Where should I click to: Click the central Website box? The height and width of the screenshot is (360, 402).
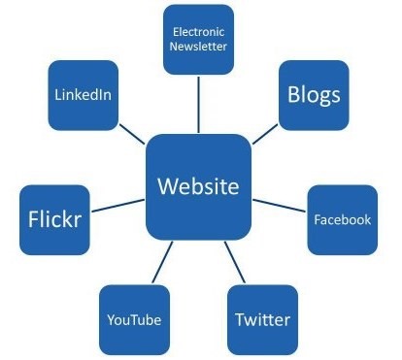coord(197,186)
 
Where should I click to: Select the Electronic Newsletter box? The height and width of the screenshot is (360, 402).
coord(198,39)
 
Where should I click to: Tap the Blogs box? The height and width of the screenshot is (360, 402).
coord(314,95)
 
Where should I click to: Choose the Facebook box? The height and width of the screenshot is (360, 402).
coord(342,219)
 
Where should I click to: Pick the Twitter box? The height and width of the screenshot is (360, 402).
coord(262,319)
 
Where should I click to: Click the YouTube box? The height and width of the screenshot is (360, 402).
coord(134,319)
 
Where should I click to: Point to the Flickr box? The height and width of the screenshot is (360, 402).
coord(52,216)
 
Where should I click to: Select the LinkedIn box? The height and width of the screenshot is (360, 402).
coord(82,94)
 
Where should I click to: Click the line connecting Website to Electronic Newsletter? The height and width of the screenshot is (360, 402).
coord(198,104)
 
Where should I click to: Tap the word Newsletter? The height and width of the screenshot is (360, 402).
coord(198,48)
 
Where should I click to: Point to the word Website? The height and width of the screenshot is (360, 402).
coord(197,186)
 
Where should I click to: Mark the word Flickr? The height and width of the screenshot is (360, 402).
coord(52,216)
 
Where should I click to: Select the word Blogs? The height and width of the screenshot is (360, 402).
coord(314,95)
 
